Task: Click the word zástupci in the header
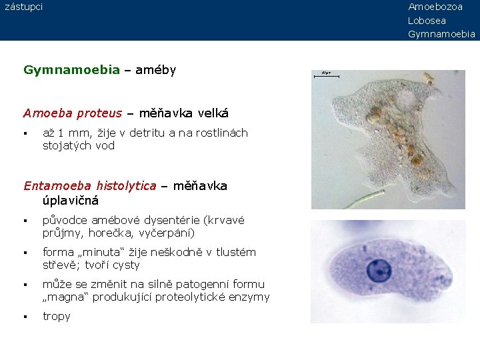click(23, 7)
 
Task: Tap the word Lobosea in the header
click(427, 20)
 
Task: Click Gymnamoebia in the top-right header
click(441, 34)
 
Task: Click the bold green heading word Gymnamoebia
click(71, 69)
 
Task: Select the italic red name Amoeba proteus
click(73, 113)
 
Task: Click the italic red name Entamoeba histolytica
click(89, 185)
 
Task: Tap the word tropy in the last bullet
click(56, 316)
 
